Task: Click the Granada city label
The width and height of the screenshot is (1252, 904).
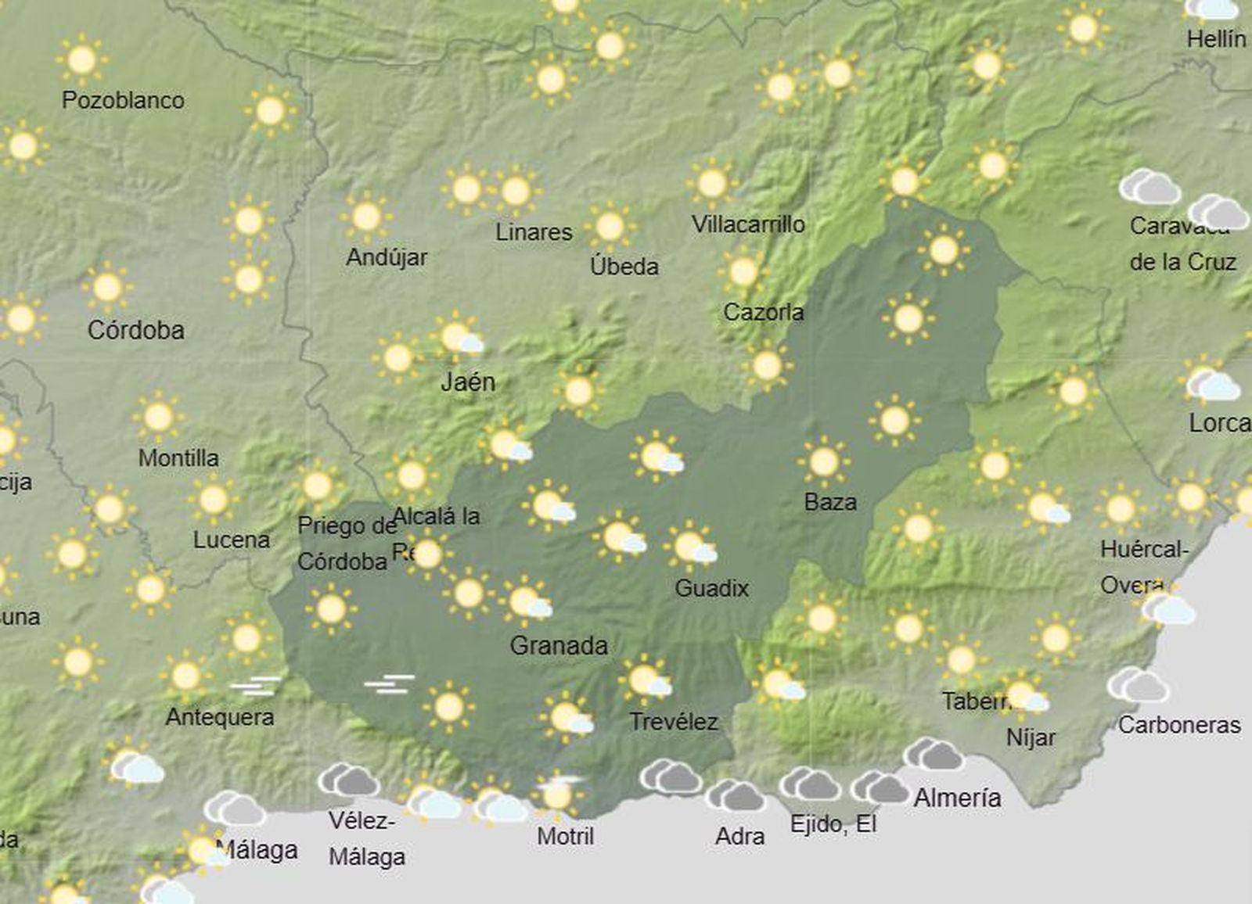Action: [x=559, y=645]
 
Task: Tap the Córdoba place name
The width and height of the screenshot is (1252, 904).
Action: [x=136, y=330]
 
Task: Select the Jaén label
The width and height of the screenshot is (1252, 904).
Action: [x=468, y=382]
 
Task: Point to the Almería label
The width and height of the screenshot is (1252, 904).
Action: [x=957, y=798]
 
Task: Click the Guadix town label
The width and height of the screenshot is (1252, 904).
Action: [x=711, y=588]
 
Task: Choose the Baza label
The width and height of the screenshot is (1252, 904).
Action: [x=830, y=501]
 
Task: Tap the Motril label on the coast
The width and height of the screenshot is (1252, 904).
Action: [x=566, y=836]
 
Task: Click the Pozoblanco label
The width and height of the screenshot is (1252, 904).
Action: [x=124, y=100]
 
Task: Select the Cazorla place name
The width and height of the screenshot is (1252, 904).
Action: [x=763, y=312]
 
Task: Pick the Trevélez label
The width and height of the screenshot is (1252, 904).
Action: [x=674, y=721]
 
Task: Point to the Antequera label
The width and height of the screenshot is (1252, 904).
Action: [x=220, y=716]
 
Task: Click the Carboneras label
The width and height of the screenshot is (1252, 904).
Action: [x=1179, y=725]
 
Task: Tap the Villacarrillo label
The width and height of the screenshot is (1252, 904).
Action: [x=748, y=224]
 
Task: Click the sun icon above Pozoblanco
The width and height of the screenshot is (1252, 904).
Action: [x=81, y=59]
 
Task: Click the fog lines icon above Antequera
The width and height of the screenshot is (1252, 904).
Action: [x=256, y=686]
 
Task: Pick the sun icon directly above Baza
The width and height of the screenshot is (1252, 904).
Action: [x=824, y=461]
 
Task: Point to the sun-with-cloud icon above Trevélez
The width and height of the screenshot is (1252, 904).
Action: [x=646, y=680]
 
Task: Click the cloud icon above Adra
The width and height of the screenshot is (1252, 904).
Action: [x=734, y=796]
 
